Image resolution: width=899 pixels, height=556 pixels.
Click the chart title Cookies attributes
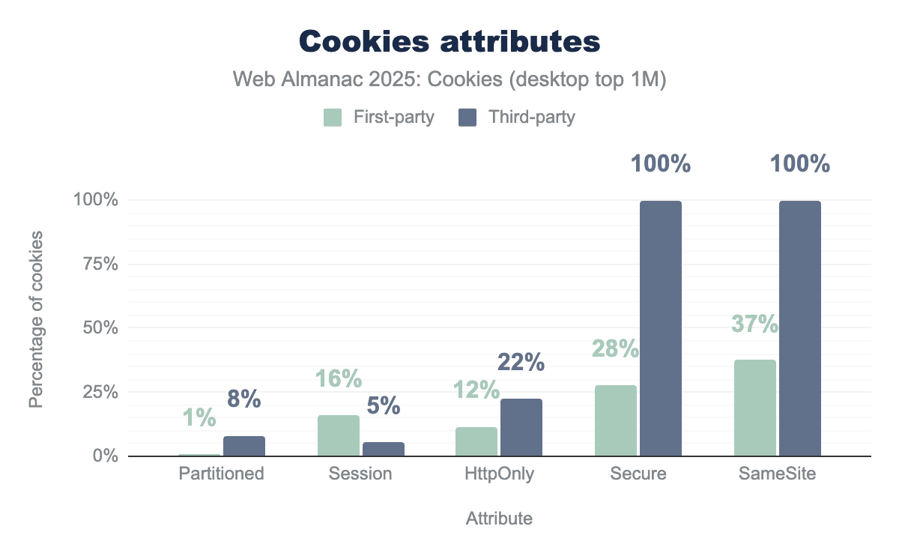[x=449, y=42]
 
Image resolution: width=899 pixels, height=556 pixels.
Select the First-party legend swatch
[x=333, y=118]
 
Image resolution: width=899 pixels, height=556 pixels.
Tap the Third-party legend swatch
[x=467, y=118]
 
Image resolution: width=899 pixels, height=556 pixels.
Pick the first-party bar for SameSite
[x=754, y=408]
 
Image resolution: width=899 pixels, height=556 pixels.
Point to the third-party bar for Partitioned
[x=243, y=446]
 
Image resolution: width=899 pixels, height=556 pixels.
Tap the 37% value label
[x=754, y=324]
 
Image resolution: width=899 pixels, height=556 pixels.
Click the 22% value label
[x=521, y=363]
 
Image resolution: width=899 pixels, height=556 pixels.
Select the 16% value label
[x=338, y=380]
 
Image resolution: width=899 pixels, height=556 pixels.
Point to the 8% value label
[x=243, y=399]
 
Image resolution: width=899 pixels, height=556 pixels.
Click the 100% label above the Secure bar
[x=660, y=164]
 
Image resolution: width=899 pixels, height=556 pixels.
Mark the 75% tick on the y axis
[x=96, y=264]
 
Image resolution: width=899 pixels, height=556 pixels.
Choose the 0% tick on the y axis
[x=103, y=456]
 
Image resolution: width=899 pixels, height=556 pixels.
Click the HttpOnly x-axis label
[x=499, y=474]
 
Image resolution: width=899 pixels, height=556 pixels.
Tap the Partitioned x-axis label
[x=222, y=474]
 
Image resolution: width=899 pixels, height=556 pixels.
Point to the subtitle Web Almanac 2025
[x=449, y=80]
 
